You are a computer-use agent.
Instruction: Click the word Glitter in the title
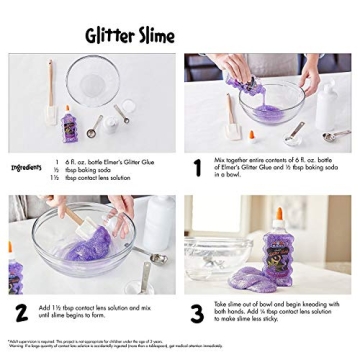(109, 36)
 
